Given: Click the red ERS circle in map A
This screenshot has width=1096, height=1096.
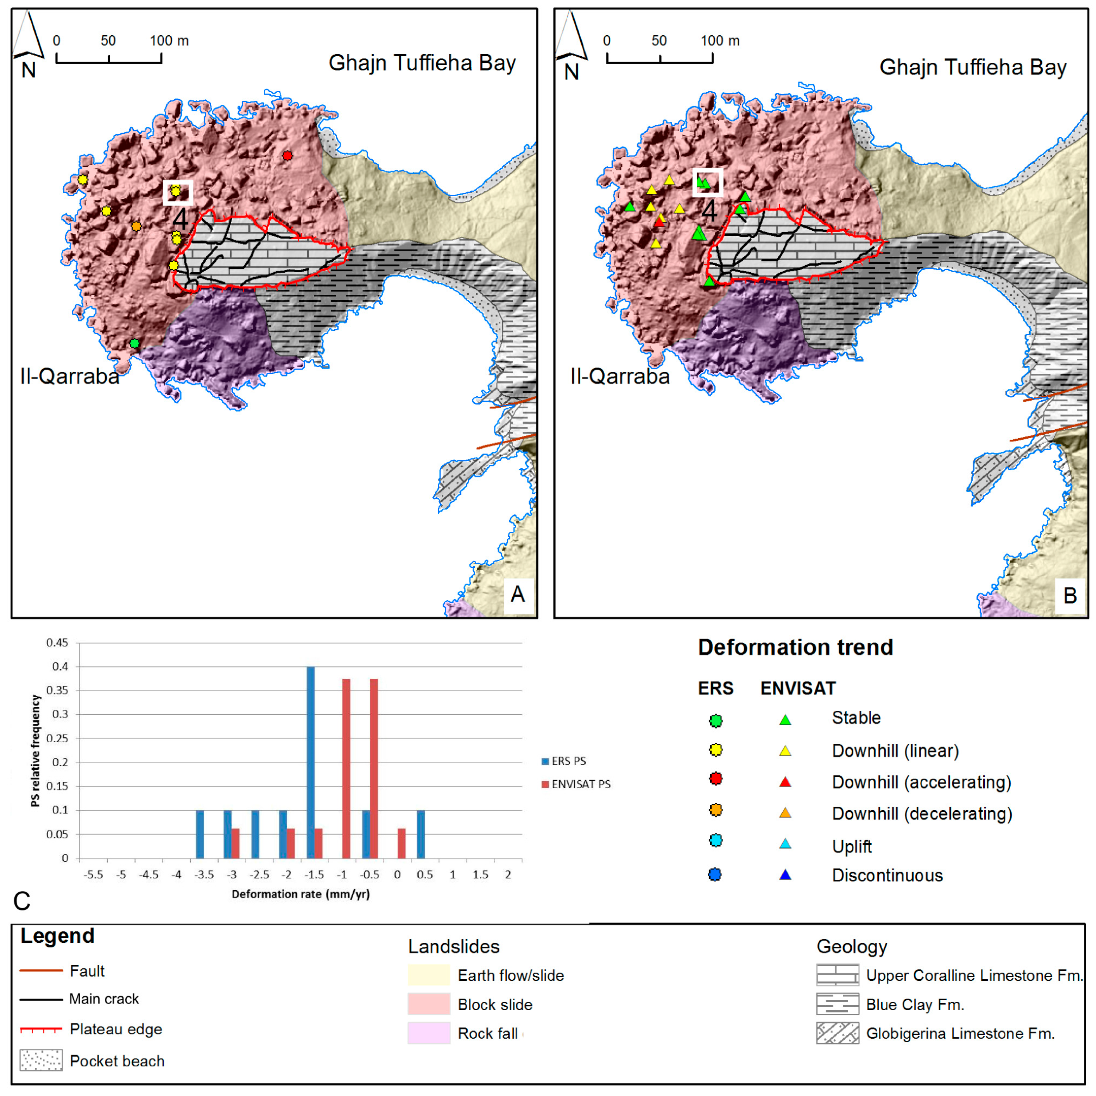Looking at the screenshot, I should click(x=288, y=156).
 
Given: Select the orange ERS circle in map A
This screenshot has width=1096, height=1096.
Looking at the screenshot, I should click(x=136, y=226).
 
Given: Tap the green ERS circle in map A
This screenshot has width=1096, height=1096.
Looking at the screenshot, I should click(x=135, y=343).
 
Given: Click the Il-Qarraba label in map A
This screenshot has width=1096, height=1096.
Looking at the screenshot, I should click(x=70, y=376).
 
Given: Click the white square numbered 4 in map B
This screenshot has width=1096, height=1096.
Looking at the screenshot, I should click(x=707, y=182).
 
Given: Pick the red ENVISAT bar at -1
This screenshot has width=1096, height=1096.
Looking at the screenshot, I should click(x=346, y=768).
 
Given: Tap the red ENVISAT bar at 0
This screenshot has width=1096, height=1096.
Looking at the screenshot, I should click(x=402, y=843).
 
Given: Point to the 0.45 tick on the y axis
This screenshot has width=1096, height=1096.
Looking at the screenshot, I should click(x=57, y=643).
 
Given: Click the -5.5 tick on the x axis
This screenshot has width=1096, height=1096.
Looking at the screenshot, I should click(x=93, y=875).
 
